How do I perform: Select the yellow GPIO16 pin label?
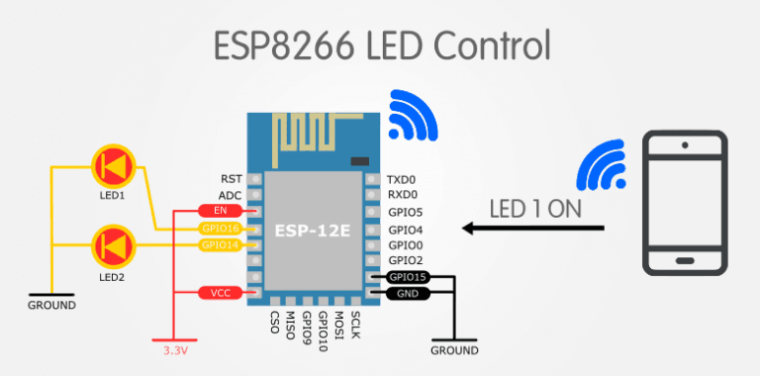(x=220, y=228)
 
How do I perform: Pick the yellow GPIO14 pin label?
(x=220, y=244)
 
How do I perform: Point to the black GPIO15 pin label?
(x=407, y=277)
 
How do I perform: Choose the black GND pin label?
(x=407, y=293)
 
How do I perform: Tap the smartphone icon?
(x=684, y=203)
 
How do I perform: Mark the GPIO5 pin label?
(x=406, y=212)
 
